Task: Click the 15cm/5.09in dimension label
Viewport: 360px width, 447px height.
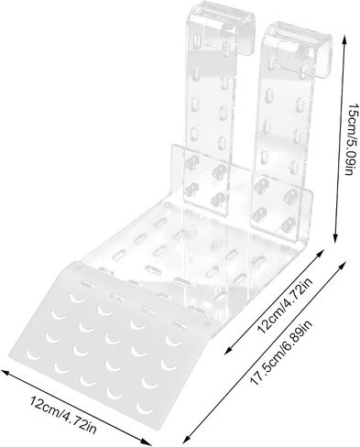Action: pyautogui.click(x=351, y=139)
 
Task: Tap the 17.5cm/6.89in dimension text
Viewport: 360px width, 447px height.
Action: pyautogui.click(x=281, y=352)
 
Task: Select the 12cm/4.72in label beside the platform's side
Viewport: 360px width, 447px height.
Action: pyautogui.click(x=285, y=306)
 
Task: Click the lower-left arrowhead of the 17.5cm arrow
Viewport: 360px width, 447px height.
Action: pyautogui.click(x=184, y=442)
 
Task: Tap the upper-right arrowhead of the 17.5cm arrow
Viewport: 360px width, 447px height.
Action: pyautogui.click(x=344, y=264)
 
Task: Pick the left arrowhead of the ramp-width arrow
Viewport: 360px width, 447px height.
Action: pyautogui.click(x=5, y=371)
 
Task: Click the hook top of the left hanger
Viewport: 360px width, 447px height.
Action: pyautogui.click(x=221, y=12)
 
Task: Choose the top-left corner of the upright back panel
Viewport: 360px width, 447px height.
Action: pyautogui.click(x=173, y=146)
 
